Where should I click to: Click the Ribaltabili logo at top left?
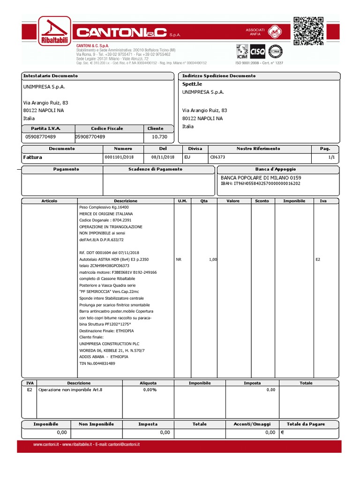click(x=54, y=31)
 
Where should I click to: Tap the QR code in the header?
click(x=308, y=31)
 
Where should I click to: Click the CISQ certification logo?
click(x=258, y=51)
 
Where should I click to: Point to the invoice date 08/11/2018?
click(x=163, y=157)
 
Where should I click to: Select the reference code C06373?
click(x=217, y=157)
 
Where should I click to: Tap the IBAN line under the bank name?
click(x=261, y=183)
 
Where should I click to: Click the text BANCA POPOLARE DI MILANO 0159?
click(x=261, y=178)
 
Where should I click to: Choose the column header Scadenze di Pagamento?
click(x=155, y=169)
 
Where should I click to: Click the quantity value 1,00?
click(x=212, y=259)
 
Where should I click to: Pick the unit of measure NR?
click(x=179, y=259)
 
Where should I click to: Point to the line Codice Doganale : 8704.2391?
click(x=105, y=220)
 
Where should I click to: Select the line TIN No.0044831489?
click(x=97, y=363)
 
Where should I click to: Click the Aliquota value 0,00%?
click(x=150, y=390)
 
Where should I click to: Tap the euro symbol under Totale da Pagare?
click(x=283, y=433)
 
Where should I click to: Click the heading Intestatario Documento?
click(x=51, y=75)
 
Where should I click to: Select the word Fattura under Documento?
click(x=32, y=157)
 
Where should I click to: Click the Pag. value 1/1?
click(x=332, y=157)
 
